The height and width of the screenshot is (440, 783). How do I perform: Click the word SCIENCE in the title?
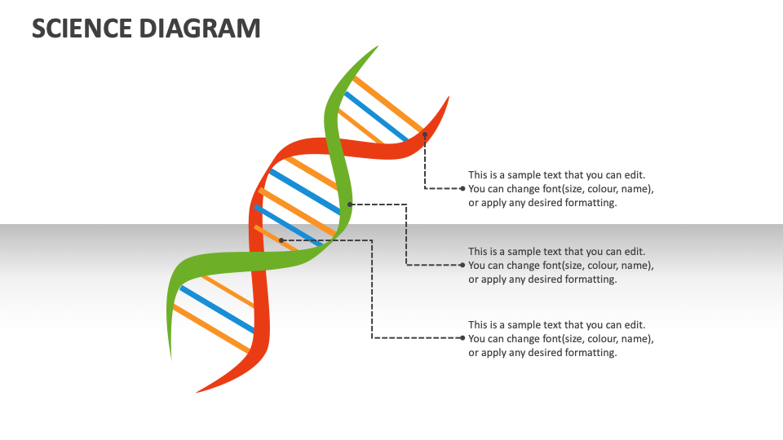tap(80, 28)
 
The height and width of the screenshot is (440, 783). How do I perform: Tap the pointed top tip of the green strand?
tap(376, 48)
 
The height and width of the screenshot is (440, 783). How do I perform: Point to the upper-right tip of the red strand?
tap(448, 99)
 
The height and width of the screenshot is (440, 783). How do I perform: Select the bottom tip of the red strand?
tap(199, 391)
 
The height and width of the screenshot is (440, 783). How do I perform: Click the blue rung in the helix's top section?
tap(376, 117)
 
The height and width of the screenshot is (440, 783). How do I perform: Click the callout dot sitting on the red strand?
tap(425, 134)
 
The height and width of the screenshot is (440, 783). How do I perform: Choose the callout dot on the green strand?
tap(349, 204)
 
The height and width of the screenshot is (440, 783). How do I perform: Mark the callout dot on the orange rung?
tap(281, 240)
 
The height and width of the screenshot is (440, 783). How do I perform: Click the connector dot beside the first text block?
tap(462, 188)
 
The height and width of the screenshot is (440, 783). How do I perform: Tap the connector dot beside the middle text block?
tap(462, 265)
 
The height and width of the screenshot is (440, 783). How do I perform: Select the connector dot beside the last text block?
tap(462, 338)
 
